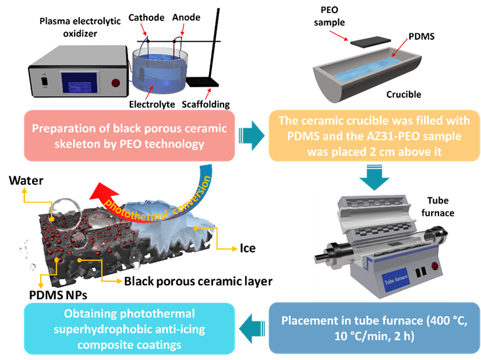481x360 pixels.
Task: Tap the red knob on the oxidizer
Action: coord(116,83)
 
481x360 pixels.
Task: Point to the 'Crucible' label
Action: coord(404,94)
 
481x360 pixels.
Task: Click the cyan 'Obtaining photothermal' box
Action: coord(130,327)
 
